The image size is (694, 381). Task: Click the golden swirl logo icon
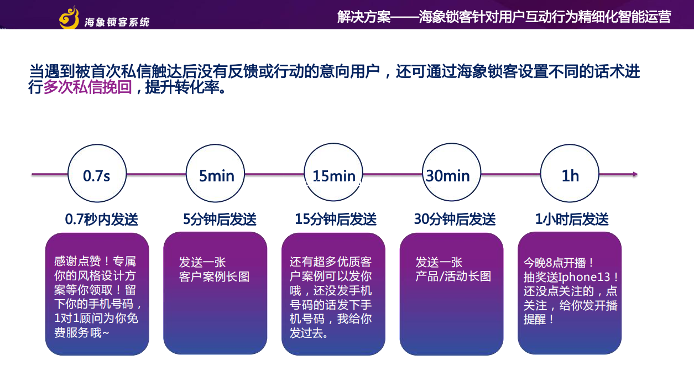click(69, 18)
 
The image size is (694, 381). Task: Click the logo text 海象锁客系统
click(117, 22)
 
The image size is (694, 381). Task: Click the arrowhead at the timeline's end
click(635, 174)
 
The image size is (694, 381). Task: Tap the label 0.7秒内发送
click(101, 220)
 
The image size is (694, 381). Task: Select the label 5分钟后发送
click(220, 220)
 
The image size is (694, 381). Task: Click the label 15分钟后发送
click(336, 220)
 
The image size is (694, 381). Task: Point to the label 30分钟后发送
click(455, 220)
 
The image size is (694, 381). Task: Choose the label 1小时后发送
click(572, 220)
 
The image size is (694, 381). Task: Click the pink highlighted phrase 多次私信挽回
click(88, 87)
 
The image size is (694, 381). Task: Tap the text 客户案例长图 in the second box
click(214, 276)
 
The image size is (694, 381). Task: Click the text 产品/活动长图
click(453, 276)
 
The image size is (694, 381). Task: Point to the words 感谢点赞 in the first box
click(77, 261)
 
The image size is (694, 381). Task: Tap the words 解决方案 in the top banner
click(364, 17)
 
